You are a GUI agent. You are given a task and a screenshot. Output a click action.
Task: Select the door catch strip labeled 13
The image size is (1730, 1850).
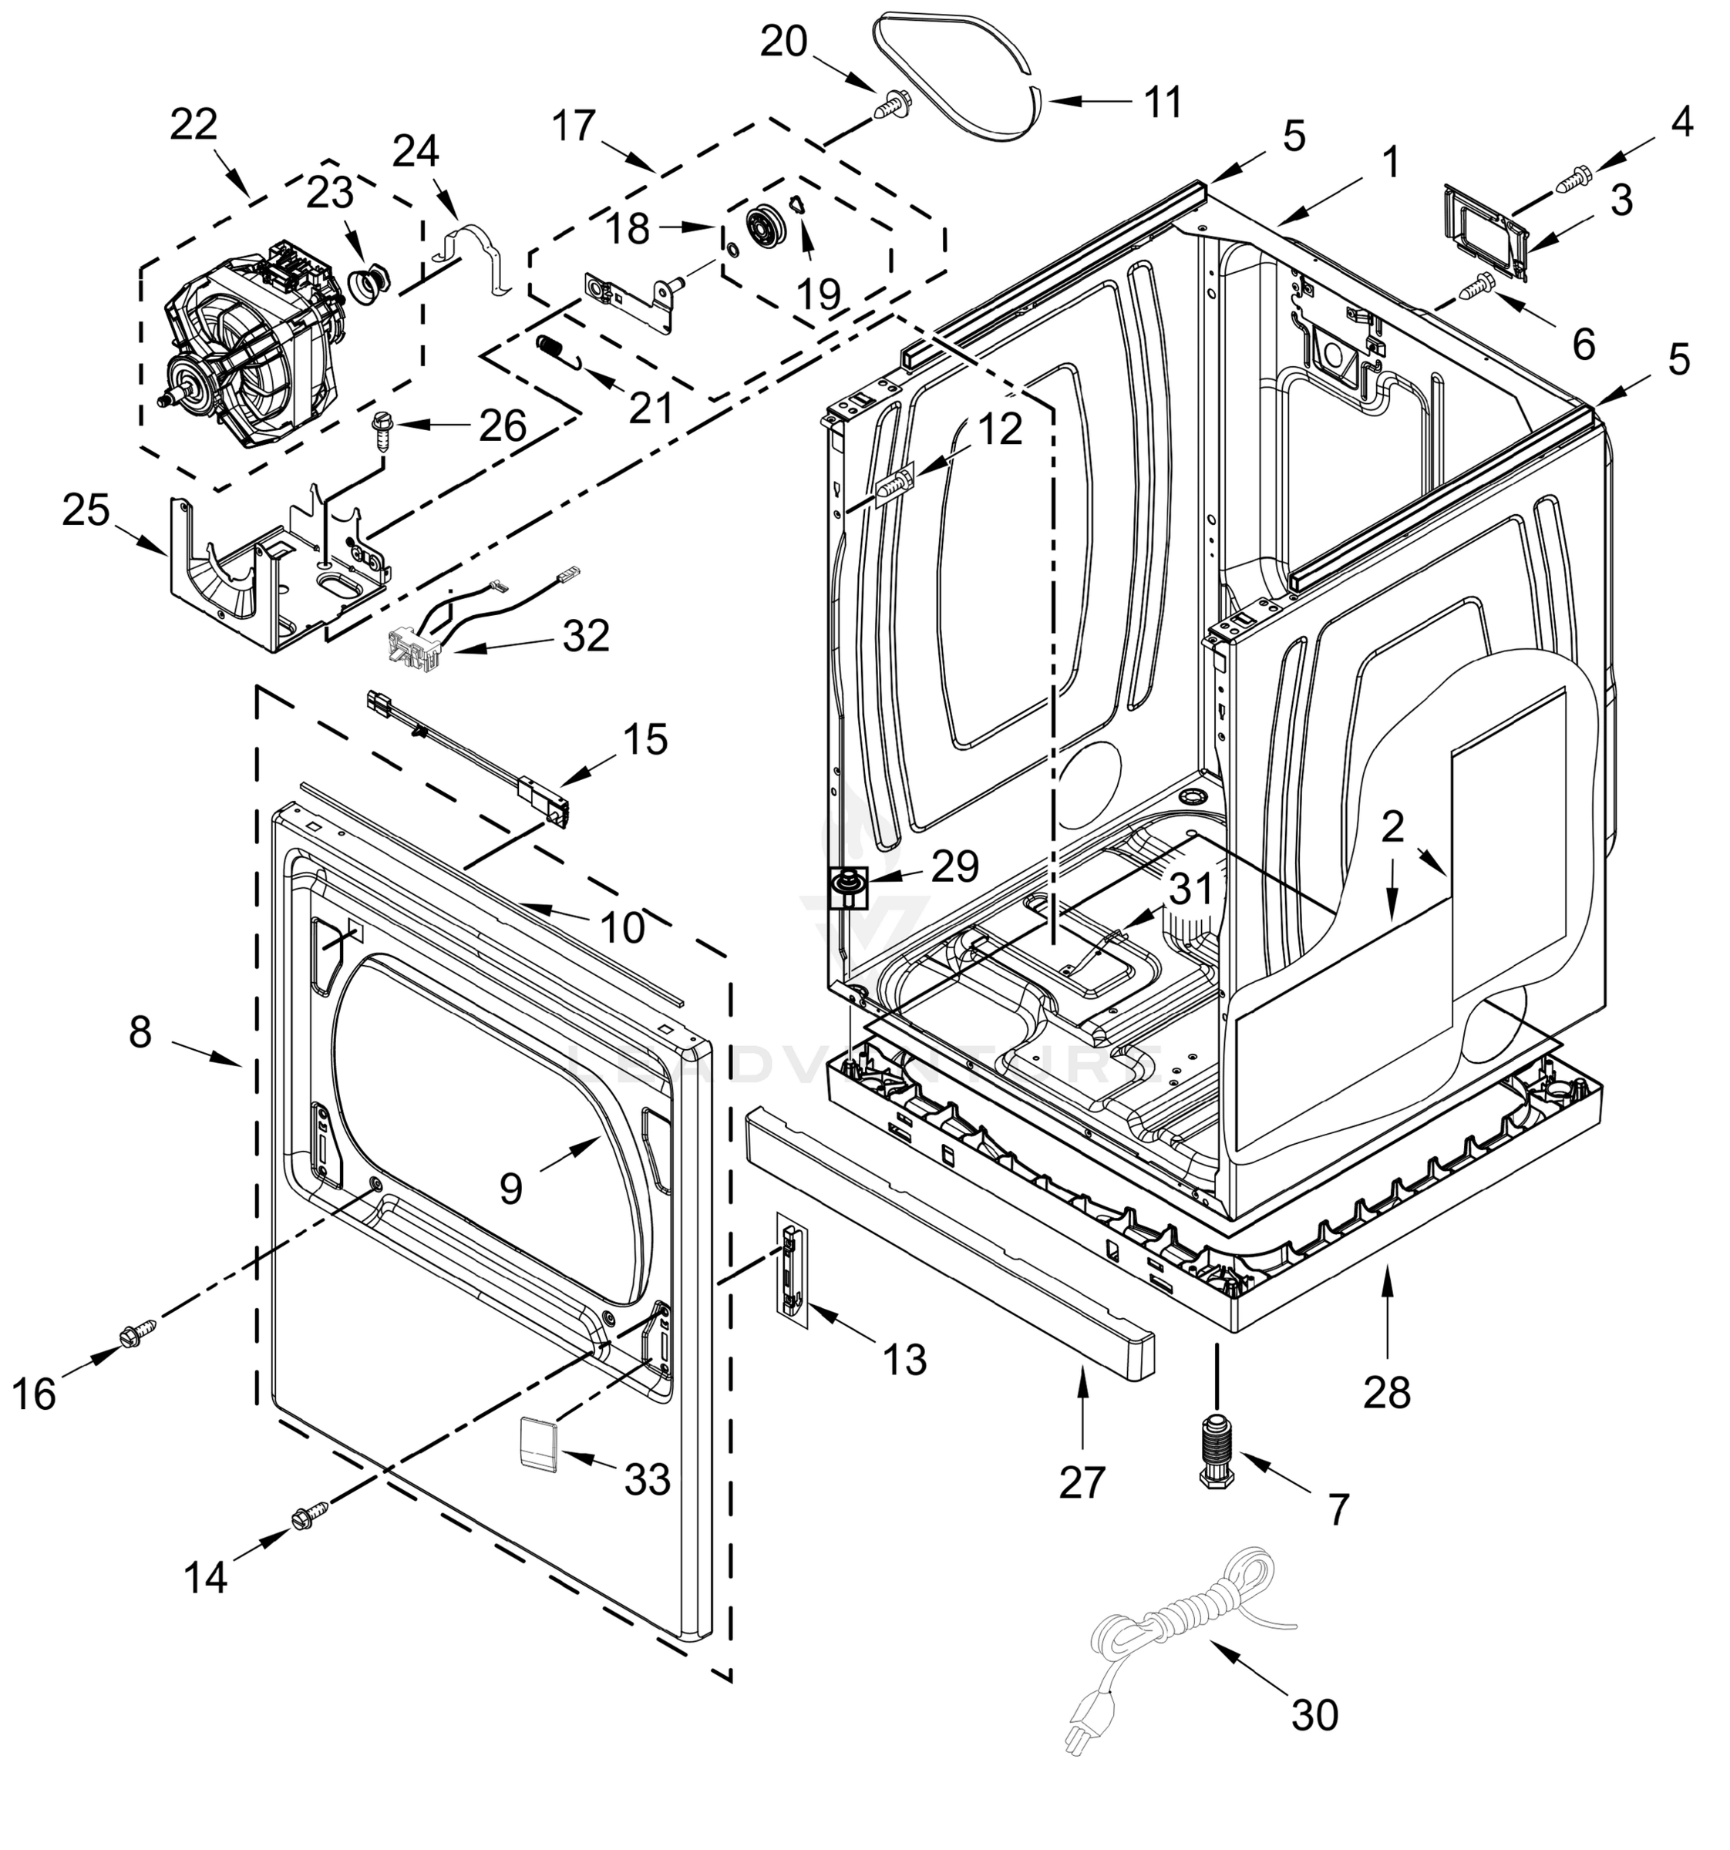pyautogui.click(x=792, y=1270)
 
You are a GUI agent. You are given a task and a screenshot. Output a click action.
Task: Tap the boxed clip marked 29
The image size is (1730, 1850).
pyautogui.click(x=846, y=886)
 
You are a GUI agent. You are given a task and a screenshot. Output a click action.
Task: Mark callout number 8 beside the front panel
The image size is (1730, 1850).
pyautogui.click(x=140, y=1032)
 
